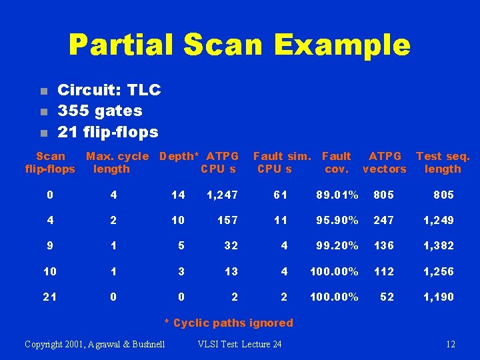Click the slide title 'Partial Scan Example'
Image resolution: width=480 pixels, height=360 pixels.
click(239, 45)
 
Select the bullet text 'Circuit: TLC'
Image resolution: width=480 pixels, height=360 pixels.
click(109, 90)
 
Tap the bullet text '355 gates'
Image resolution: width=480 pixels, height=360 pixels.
click(100, 111)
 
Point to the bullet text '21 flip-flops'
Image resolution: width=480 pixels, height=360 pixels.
click(108, 132)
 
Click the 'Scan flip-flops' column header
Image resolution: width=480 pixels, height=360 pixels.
click(50, 163)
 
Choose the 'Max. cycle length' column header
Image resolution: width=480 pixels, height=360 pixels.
click(117, 163)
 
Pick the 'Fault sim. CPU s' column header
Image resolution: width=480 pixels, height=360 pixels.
click(281, 163)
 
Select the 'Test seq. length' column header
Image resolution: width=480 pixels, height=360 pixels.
click(443, 163)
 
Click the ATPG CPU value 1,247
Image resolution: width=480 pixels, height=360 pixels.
click(222, 195)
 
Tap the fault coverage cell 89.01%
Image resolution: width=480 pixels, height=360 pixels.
click(337, 195)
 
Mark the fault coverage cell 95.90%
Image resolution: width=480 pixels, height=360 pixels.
click(337, 220)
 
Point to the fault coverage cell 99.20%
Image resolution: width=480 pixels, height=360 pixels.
click(337, 245)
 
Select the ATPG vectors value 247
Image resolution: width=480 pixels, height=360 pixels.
click(383, 220)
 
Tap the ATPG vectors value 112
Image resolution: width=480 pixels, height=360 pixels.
click(383, 271)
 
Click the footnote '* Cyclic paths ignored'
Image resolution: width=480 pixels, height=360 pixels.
click(229, 323)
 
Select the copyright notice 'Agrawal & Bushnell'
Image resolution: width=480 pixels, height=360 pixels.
click(95, 344)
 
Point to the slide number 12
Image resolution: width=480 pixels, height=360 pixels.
click(451, 344)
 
